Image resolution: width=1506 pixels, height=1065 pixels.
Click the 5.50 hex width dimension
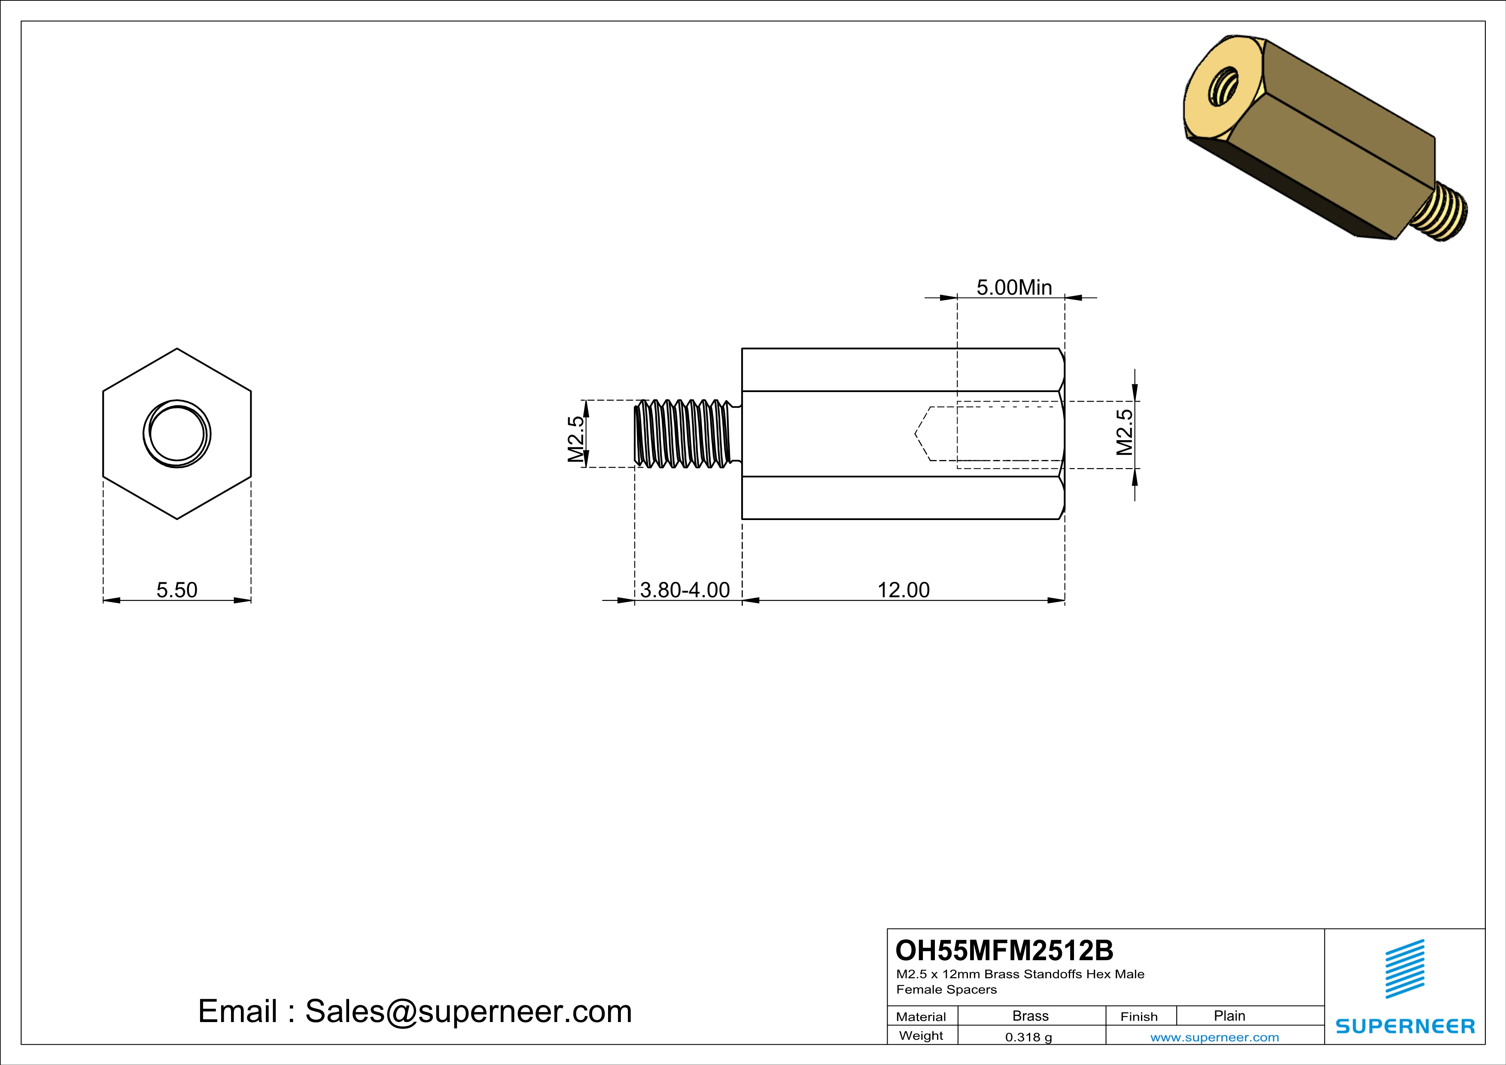click(x=176, y=590)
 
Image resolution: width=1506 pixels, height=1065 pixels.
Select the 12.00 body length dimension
click(x=903, y=590)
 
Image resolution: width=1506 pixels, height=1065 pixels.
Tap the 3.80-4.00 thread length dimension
click(x=685, y=590)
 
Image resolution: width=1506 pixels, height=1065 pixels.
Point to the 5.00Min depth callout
click(x=1014, y=287)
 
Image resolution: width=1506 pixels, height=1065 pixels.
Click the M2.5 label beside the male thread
click(x=575, y=439)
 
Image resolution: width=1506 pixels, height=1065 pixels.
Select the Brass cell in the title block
click(x=1031, y=1016)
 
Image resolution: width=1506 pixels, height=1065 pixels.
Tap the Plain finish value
click(x=1229, y=1016)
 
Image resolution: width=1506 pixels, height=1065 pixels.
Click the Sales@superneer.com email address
click(x=469, y=1011)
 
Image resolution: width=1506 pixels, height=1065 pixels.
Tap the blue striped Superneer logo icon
click(x=1404, y=969)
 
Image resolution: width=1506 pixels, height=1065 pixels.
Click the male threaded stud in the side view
click(x=684, y=433)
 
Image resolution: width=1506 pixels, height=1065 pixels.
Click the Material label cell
click(x=921, y=1016)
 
